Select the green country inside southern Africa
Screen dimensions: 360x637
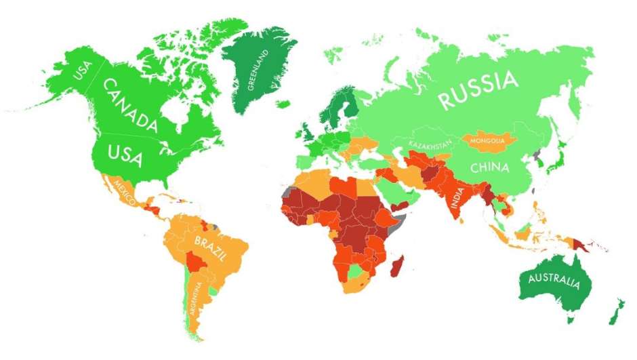(354, 271)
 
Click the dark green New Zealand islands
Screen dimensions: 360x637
(615, 311)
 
